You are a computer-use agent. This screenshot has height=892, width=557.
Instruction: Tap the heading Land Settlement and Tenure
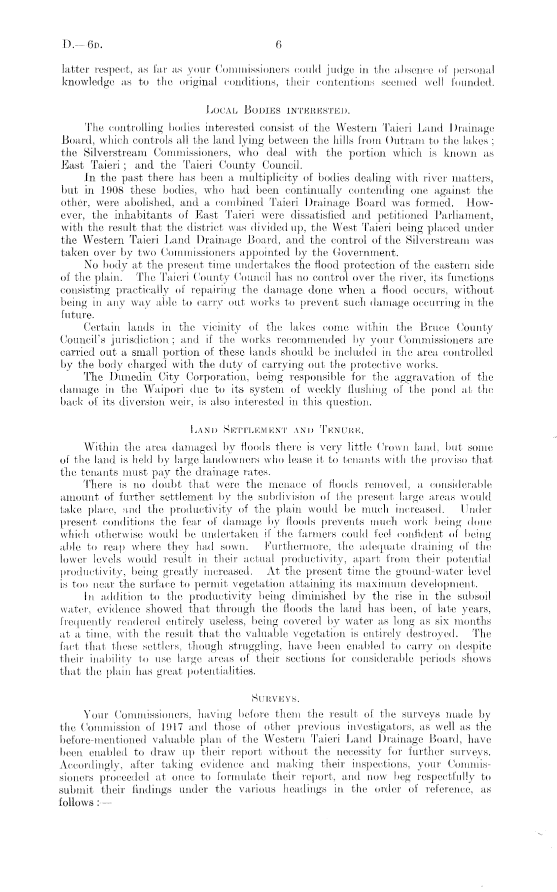[x=278, y=429]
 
